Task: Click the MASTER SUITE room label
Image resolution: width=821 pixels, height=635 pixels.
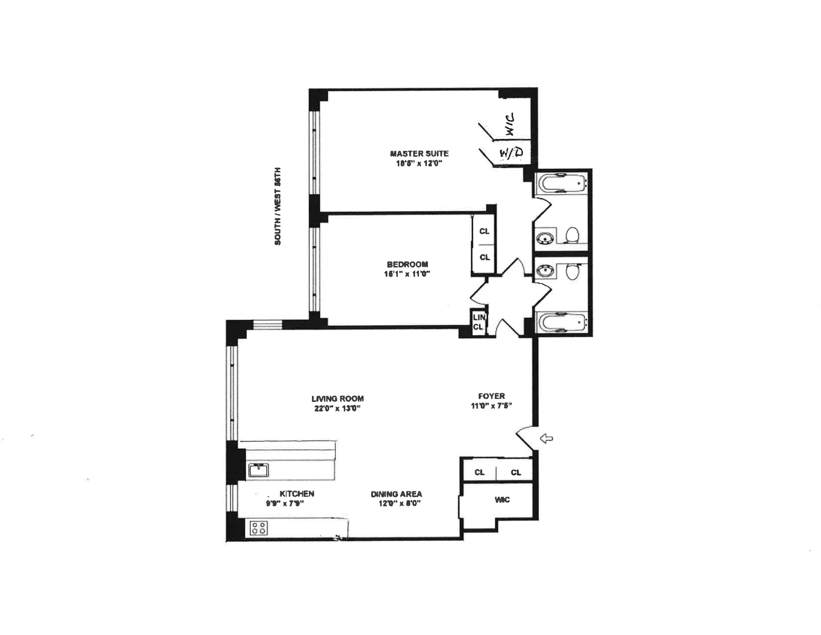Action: click(x=419, y=153)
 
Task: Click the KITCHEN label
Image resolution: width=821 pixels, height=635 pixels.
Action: click(x=297, y=494)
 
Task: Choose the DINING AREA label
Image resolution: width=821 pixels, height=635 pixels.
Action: click(x=396, y=494)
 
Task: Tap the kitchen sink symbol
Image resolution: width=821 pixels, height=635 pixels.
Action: click(x=258, y=470)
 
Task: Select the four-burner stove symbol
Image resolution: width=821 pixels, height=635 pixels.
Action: click(x=259, y=528)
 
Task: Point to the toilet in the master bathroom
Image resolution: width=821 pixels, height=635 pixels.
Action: click(x=572, y=235)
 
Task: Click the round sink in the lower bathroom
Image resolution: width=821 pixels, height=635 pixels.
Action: click(x=544, y=270)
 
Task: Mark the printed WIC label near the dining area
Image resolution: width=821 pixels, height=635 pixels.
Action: click(x=502, y=500)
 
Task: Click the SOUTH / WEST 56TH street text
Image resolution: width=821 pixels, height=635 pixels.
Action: click(x=278, y=206)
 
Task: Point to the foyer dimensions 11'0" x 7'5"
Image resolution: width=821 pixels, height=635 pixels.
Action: click(x=491, y=405)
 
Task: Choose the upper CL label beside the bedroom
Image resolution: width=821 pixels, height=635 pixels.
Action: click(x=484, y=231)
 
